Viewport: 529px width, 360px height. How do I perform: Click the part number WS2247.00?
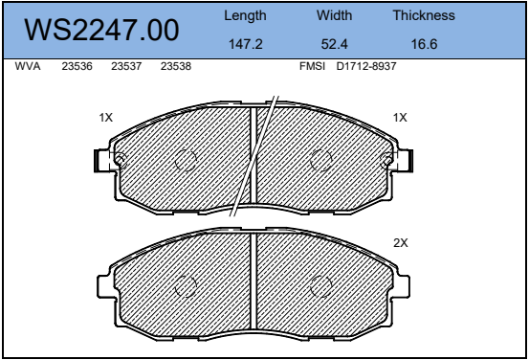pyautogui.click(x=101, y=30)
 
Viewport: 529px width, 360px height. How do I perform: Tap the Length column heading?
pyautogui.click(x=245, y=16)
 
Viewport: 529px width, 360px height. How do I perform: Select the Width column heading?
pyautogui.click(x=334, y=15)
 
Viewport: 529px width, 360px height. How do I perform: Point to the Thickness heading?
pyautogui.click(x=424, y=15)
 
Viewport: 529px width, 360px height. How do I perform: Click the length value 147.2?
pyautogui.click(x=246, y=44)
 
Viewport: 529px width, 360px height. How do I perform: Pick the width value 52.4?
pyautogui.click(x=334, y=44)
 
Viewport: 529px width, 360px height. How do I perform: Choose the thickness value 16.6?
pyautogui.click(x=424, y=44)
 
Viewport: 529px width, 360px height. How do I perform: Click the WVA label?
pyautogui.click(x=28, y=66)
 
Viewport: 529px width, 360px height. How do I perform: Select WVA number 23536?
pyautogui.click(x=77, y=66)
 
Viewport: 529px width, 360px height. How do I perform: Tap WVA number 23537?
pyautogui.click(x=126, y=66)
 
